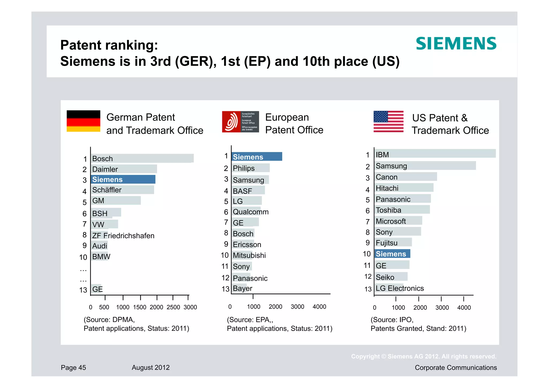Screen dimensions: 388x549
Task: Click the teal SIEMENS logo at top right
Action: (x=456, y=44)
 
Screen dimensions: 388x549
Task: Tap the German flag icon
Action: (x=83, y=121)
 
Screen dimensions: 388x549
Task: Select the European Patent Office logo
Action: (x=240, y=122)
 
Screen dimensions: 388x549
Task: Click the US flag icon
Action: (x=388, y=121)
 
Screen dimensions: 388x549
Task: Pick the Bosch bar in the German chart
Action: (x=142, y=158)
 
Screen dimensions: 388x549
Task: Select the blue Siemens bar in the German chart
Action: (x=123, y=179)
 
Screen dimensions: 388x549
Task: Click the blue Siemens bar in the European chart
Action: (x=257, y=157)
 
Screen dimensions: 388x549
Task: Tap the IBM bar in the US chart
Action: (x=435, y=154)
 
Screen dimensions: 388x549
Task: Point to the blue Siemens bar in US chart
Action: (x=392, y=254)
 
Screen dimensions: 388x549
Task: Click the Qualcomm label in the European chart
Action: (x=250, y=212)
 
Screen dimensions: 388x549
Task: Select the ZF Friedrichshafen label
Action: (x=123, y=236)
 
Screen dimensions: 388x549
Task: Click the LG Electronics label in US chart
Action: (x=399, y=288)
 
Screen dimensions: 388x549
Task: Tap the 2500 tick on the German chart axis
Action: (x=173, y=307)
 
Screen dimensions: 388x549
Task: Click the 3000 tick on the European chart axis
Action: (x=297, y=307)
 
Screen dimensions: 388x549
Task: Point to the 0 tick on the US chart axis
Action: (x=374, y=308)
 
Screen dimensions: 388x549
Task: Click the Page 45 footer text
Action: (x=73, y=368)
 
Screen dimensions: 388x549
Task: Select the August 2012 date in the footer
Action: (x=150, y=368)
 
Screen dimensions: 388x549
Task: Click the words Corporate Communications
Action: (x=455, y=368)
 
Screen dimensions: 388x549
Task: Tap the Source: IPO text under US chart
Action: (x=392, y=320)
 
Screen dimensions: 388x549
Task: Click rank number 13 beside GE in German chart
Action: (x=83, y=290)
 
